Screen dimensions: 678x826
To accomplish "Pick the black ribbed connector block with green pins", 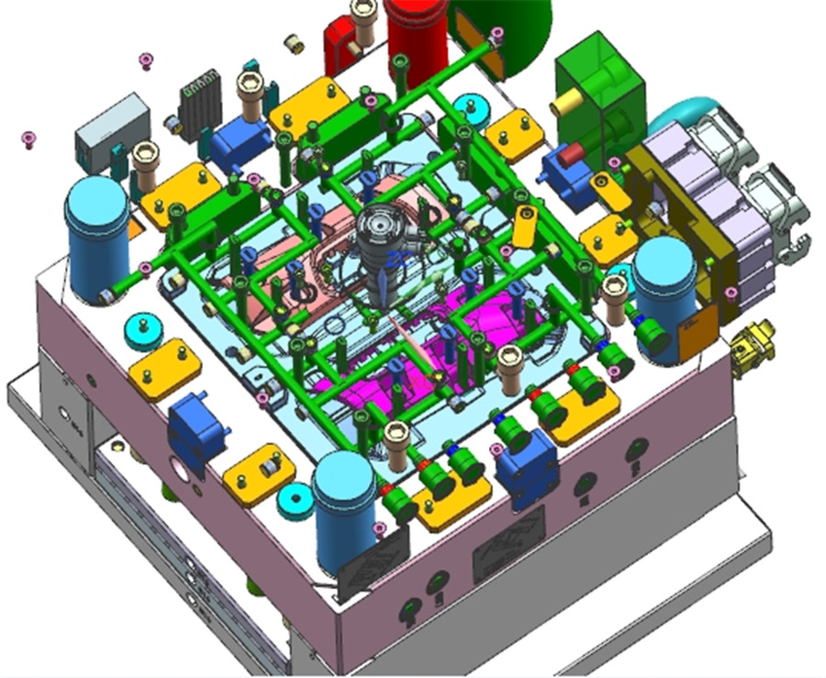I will [200, 103].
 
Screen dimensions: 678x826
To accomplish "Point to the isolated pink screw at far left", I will [29, 139].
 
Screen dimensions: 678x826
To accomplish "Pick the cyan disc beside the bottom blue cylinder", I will [296, 501].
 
